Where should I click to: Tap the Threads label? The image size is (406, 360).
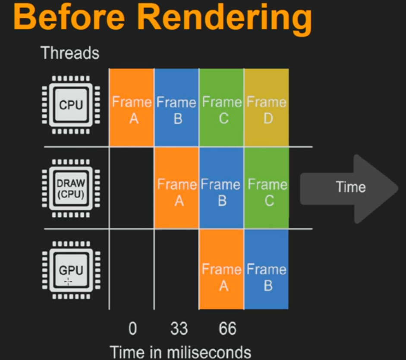click(70, 53)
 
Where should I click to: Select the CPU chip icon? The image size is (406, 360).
click(71, 105)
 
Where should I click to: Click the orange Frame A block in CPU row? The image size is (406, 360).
click(132, 108)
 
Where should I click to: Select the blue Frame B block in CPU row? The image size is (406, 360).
click(176, 108)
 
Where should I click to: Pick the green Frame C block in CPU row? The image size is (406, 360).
click(222, 108)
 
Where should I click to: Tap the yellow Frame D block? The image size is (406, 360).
click(267, 108)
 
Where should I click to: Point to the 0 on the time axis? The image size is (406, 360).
click(132, 329)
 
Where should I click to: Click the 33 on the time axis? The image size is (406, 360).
click(179, 329)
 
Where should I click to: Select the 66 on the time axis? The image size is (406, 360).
click(227, 329)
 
